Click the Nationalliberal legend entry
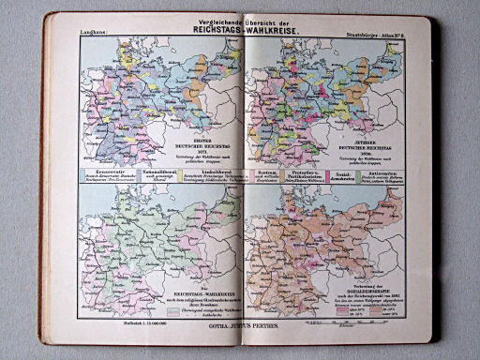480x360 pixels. [148, 174]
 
